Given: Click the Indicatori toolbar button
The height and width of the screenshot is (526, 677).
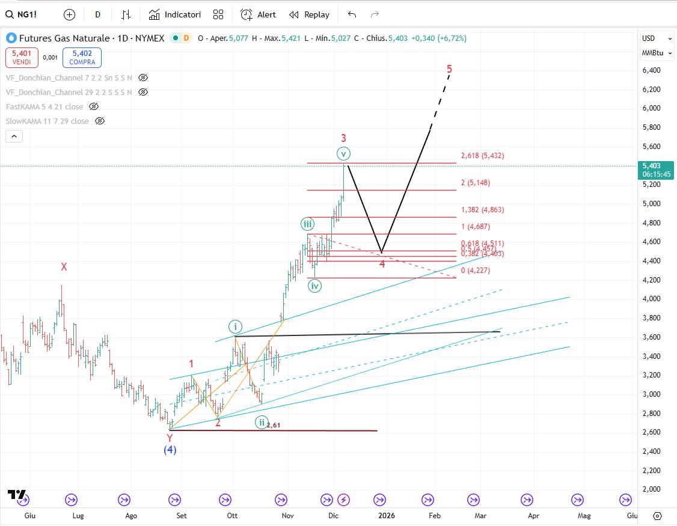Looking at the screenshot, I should coord(175,14).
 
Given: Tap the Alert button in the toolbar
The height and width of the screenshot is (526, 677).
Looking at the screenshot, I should coord(259,14).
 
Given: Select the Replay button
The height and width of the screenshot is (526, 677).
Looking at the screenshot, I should coord(310,14).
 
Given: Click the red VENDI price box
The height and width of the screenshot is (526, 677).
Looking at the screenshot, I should coord(21,57).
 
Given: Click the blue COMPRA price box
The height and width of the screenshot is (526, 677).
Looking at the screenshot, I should coord(82,57).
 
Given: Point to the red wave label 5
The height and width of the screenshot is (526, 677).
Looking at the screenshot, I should coord(449,69).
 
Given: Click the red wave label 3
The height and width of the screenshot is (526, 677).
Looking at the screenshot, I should coord(343,138).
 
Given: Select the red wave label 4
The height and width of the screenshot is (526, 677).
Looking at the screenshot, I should coord(382,263).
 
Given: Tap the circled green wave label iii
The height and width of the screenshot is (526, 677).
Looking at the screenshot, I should coord(307,224).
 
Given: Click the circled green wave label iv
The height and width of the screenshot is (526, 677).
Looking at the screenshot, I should coord(314,286).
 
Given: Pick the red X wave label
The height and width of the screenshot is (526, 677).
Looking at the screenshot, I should coord(64,267).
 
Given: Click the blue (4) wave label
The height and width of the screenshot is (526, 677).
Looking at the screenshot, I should coord(170,450).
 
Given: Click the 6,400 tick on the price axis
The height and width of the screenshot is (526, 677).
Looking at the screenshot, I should coord(651,70).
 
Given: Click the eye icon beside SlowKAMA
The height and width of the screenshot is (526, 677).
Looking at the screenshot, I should coord(100,121).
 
